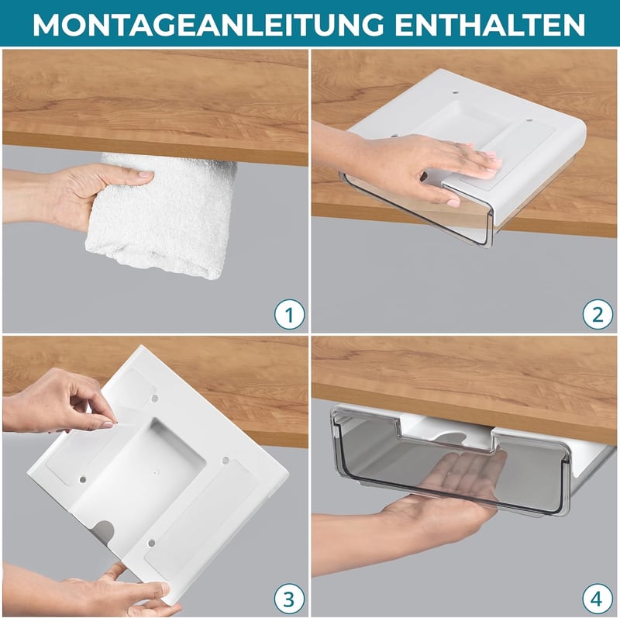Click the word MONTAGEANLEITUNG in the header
pyautogui.click(x=208, y=25)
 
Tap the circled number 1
pyautogui.click(x=290, y=315)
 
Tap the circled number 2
pyautogui.click(x=598, y=315)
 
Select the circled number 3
pyautogui.click(x=289, y=599)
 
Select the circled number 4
pyautogui.click(x=597, y=599)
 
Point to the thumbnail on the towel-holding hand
pyautogui.click(x=146, y=174)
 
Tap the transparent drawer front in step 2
pyautogui.click(x=415, y=209)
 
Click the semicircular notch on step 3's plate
pyautogui.click(x=104, y=531)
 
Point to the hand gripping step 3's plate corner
pyautogui.click(x=119, y=589)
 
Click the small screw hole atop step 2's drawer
pyautogui.click(x=454, y=93)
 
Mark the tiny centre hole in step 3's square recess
pyautogui.click(x=155, y=472)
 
